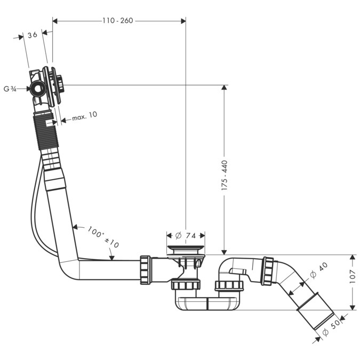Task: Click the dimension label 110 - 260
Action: pyautogui.click(x=118, y=21)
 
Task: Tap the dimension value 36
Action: pyautogui.click(x=32, y=35)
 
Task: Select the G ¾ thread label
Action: pyautogui.click(x=10, y=89)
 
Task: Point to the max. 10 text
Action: pyautogui.click(x=84, y=116)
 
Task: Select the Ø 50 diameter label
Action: pyautogui.click(x=332, y=326)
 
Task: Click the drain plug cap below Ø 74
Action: pyautogui.click(x=185, y=248)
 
